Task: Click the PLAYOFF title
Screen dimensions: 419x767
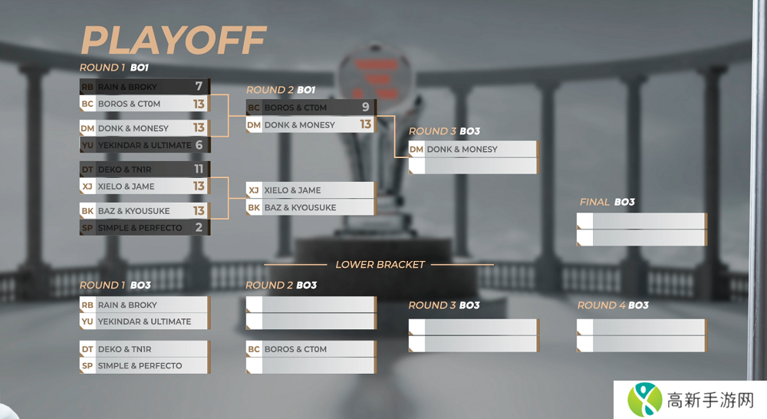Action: tap(173, 40)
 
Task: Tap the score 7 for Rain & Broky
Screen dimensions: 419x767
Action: tap(199, 86)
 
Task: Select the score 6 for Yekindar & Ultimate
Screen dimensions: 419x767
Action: tap(199, 145)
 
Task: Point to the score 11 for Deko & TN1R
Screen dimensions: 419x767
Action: tap(199, 169)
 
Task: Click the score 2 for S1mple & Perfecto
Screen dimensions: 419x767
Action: tap(199, 227)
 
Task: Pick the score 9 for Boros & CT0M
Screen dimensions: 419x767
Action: tap(365, 107)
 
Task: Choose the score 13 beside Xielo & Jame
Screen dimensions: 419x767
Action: tap(199, 186)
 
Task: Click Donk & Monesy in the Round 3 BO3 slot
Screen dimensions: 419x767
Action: tap(462, 149)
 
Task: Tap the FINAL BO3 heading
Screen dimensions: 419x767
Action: tap(607, 202)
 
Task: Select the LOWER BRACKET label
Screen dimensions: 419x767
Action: tap(380, 265)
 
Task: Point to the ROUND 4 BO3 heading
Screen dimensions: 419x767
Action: tap(613, 305)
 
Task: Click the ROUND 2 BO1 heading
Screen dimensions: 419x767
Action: tap(280, 90)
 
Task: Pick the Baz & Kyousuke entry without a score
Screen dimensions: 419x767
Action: tap(300, 207)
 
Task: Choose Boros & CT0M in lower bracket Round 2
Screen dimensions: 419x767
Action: tap(295, 349)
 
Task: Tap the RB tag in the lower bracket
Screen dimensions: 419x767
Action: tap(87, 305)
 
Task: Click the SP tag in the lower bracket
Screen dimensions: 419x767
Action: tap(87, 366)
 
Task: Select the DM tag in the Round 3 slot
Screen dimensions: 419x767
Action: tap(416, 149)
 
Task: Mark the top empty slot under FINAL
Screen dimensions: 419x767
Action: tap(640, 221)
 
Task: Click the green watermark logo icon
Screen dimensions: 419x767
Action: tap(645, 400)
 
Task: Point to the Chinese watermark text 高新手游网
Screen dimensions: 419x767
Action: tap(711, 400)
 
